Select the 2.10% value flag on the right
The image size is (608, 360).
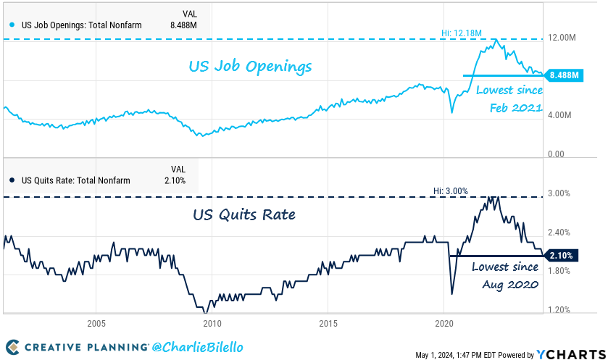pyautogui.click(x=562, y=256)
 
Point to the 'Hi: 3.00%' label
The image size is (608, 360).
pyautogui.click(x=450, y=191)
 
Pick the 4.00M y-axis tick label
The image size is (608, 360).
pyautogui.click(x=560, y=116)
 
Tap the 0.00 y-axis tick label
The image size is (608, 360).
pyautogui.click(x=556, y=154)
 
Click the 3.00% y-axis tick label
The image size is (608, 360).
pyautogui.click(x=559, y=193)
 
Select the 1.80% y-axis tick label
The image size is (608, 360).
pyautogui.click(x=559, y=271)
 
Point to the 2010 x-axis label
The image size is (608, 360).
pyautogui.click(x=212, y=323)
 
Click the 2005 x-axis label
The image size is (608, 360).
pyautogui.click(x=96, y=323)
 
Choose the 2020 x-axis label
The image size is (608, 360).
pyautogui.click(x=444, y=323)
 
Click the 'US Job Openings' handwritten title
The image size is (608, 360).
pyautogui.click(x=250, y=67)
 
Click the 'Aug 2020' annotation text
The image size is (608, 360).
pyautogui.click(x=509, y=285)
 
